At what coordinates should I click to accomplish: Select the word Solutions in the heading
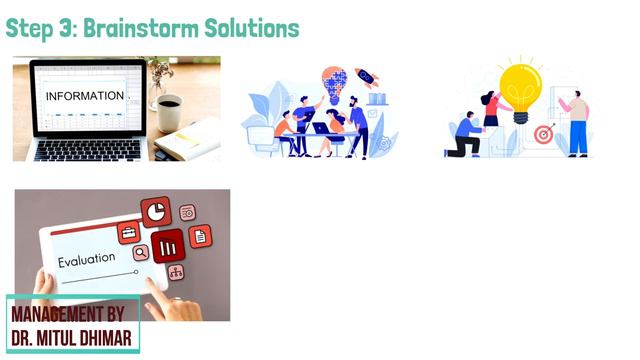[253, 28]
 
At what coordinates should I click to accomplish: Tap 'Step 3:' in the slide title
[41, 28]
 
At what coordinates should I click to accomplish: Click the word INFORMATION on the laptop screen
[86, 96]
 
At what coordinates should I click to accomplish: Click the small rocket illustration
[367, 77]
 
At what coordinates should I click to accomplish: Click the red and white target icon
[543, 134]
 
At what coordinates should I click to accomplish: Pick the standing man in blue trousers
[577, 121]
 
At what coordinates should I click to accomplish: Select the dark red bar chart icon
[167, 245]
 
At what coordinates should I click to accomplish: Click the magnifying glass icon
[141, 252]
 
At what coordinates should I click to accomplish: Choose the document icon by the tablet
[200, 236]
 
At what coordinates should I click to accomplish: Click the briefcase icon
[129, 232]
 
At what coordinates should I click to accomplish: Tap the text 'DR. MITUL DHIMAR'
[71, 337]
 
